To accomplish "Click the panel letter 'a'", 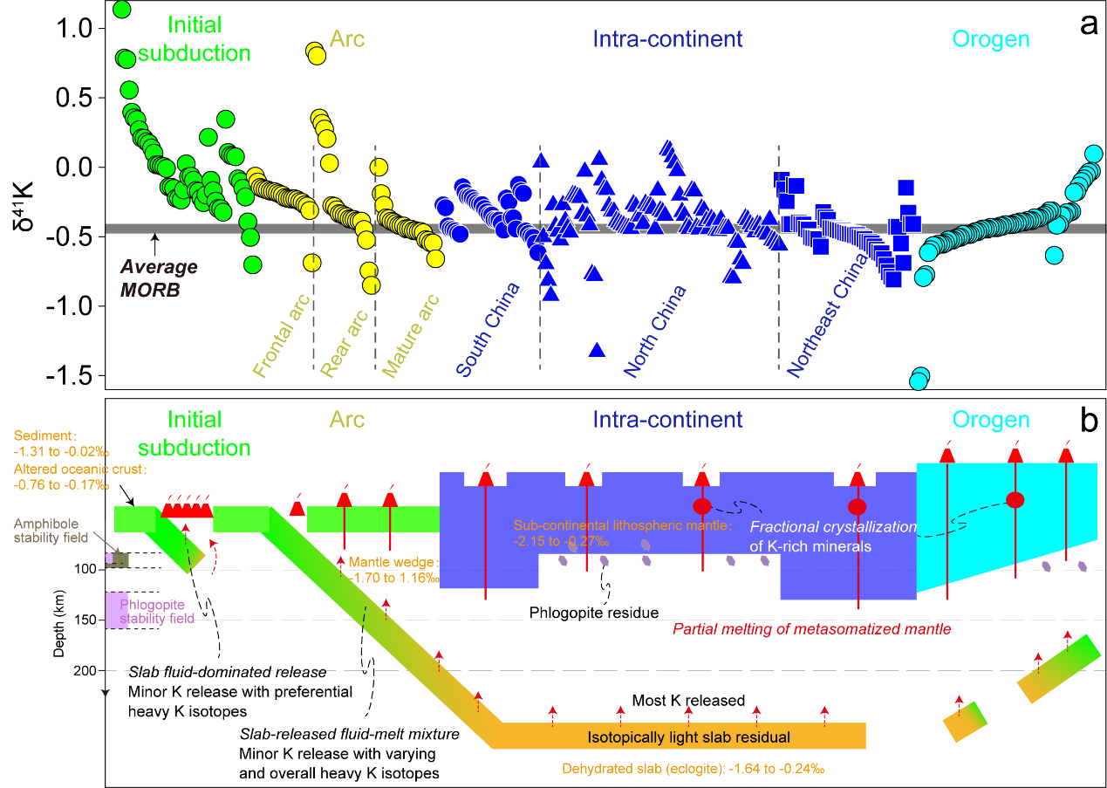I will (x=1088, y=24).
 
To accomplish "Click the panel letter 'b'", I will (x=1088, y=421).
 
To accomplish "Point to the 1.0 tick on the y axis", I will (x=78, y=29).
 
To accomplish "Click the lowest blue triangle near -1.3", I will (x=598, y=350).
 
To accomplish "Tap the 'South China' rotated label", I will (x=488, y=330).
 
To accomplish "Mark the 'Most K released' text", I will (x=688, y=701).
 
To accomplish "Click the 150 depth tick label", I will (x=81, y=620).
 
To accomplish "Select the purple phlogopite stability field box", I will (x=117, y=610).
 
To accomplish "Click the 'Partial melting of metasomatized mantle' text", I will (x=811, y=628).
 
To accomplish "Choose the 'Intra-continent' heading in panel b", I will (x=667, y=420).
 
